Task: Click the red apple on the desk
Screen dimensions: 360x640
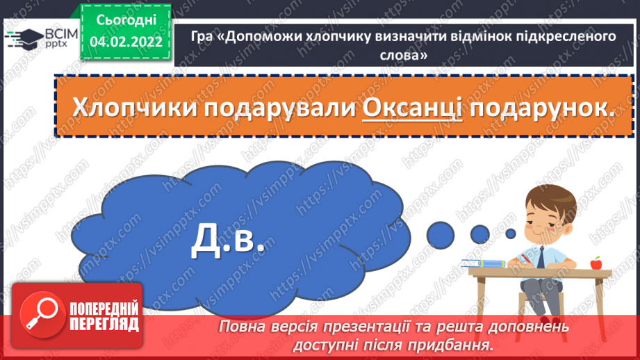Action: tap(596, 263)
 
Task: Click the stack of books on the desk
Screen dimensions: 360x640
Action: tap(484, 263)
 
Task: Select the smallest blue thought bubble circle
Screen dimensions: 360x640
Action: tap(511, 233)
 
